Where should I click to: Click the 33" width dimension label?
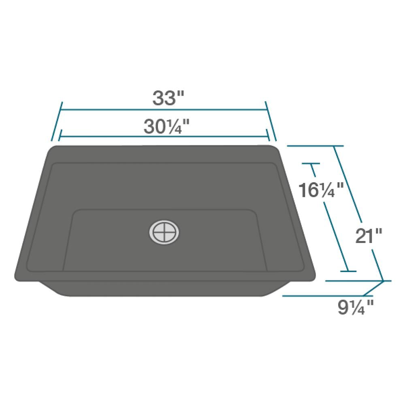pyautogui.click(x=168, y=98)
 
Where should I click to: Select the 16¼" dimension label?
pyautogui.click(x=320, y=190)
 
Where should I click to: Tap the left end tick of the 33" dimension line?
pyautogui.click(x=57, y=122)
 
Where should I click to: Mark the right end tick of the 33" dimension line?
pyautogui.click(x=271, y=122)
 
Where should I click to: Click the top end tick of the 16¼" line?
pyautogui.click(x=311, y=164)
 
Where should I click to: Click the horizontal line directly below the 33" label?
pyautogui.click(x=164, y=109)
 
